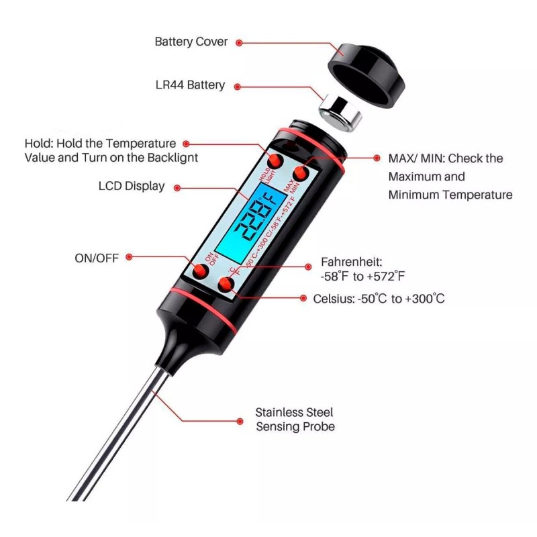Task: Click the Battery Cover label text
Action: (x=191, y=42)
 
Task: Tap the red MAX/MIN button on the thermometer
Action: (x=300, y=174)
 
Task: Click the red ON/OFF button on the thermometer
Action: (x=200, y=271)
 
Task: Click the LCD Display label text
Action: (x=131, y=186)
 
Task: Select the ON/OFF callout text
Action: (x=97, y=257)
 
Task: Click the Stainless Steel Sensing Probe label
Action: (x=295, y=420)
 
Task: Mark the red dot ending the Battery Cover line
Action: (x=240, y=42)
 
